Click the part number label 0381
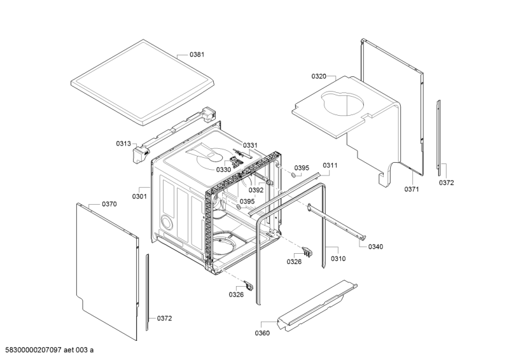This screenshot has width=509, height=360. [x=197, y=55]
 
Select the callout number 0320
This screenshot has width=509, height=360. [x=319, y=76]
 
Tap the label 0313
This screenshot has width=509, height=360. [x=123, y=144]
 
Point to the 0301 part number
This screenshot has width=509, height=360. [x=139, y=196]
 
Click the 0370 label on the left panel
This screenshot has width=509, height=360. [x=109, y=204]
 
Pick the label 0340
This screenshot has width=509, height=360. [x=376, y=247]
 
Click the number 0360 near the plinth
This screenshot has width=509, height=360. [x=262, y=333]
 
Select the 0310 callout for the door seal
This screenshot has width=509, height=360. [x=338, y=259]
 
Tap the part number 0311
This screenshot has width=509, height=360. [x=330, y=165]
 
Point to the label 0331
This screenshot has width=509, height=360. [x=250, y=145]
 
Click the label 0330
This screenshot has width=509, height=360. [x=223, y=170]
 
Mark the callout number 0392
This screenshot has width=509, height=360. [x=256, y=190]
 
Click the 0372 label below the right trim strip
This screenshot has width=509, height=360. [x=447, y=183]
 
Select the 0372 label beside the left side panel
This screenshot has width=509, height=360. [x=164, y=318]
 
